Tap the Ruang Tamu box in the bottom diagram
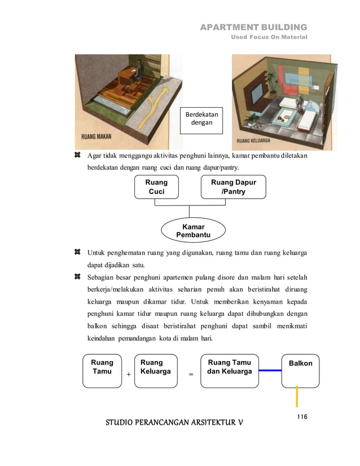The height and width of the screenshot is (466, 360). tap(102, 371)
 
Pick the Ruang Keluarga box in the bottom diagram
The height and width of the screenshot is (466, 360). tap(156, 371)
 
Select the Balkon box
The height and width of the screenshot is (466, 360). tap(300, 371)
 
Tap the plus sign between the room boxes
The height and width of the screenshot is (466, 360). tap(128, 374)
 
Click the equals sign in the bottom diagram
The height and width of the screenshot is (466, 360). tap(190, 374)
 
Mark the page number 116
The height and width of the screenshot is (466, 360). tap(301, 417)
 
